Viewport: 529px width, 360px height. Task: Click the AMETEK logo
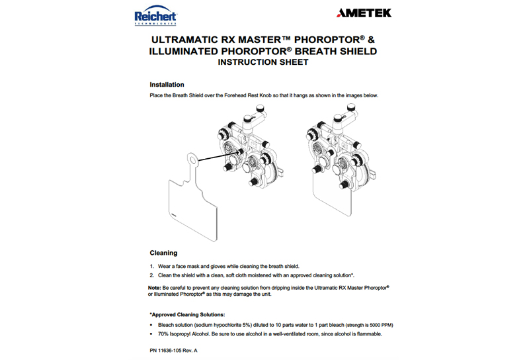pyautogui.click(x=364, y=13)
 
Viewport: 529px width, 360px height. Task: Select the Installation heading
pyautogui.click(x=167, y=85)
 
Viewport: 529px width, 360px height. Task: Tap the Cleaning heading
pyautogui.click(x=163, y=253)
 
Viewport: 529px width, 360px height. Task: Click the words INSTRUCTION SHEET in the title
pyautogui.click(x=263, y=64)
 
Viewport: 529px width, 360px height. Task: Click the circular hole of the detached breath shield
pyautogui.click(x=192, y=159)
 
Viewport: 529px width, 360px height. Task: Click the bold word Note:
pyautogui.click(x=155, y=287)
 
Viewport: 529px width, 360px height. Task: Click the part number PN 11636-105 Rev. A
pyautogui.click(x=174, y=349)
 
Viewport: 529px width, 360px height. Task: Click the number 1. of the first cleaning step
pyautogui.click(x=152, y=265)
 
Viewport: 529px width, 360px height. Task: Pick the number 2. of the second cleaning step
pyautogui.click(x=152, y=275)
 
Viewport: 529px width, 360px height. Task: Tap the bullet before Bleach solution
pyautogui.click(x=152, y=325)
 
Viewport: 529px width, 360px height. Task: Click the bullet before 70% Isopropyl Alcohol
pyautogui.click(x=152, y=334)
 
